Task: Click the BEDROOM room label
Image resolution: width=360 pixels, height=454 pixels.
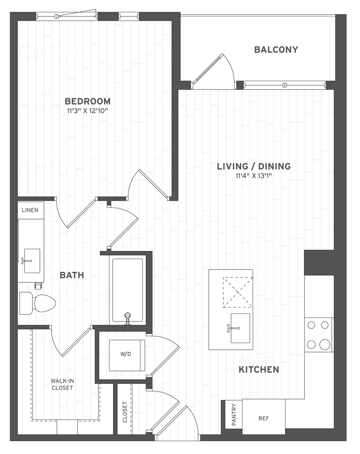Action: (x=87, y=102)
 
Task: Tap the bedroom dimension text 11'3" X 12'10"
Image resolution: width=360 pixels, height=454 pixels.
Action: (x=87, y=110)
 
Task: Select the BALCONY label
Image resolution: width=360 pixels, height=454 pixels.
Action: (x=276, y=50)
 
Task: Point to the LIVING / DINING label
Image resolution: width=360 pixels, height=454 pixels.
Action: (x=254, y=166)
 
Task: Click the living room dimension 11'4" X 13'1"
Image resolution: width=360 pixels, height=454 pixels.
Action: (x=254, y=176)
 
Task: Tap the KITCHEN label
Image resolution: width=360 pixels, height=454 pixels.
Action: (x=259, y=369)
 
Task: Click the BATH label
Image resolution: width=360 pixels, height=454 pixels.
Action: (x=72, y=275)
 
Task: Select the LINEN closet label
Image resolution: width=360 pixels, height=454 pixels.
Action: (x=30, y=210)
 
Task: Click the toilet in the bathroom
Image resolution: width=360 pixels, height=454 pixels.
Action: (x=37, y=303)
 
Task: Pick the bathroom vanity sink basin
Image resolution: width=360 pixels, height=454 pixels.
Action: (x=32, y=261)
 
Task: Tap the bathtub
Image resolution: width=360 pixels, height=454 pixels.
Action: (x=127, y=290)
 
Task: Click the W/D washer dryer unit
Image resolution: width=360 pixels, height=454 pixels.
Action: (x=126, y=355)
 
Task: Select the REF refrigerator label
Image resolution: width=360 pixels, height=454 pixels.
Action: (x=263, y=419)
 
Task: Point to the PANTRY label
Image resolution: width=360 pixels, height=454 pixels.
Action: (x=234, y=415)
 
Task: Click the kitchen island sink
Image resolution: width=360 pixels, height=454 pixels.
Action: (x=240, y=328)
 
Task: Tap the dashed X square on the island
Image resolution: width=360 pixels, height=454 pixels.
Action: (x=238, y=292)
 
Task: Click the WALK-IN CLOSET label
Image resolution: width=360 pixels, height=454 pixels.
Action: (x=62, y=384)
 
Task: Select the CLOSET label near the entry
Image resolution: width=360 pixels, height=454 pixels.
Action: (x=125, y=412)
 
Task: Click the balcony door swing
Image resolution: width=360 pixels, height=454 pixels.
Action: (x=215, y=70)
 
